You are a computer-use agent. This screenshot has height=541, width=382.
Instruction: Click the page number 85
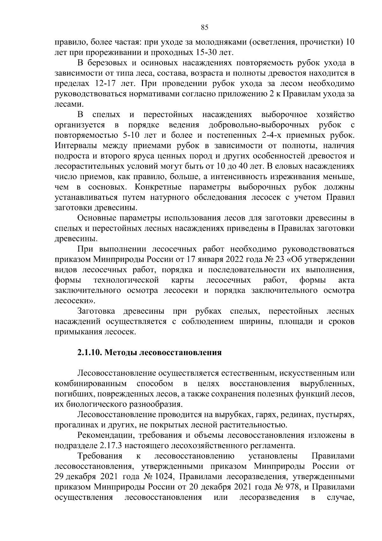coord(205,27)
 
